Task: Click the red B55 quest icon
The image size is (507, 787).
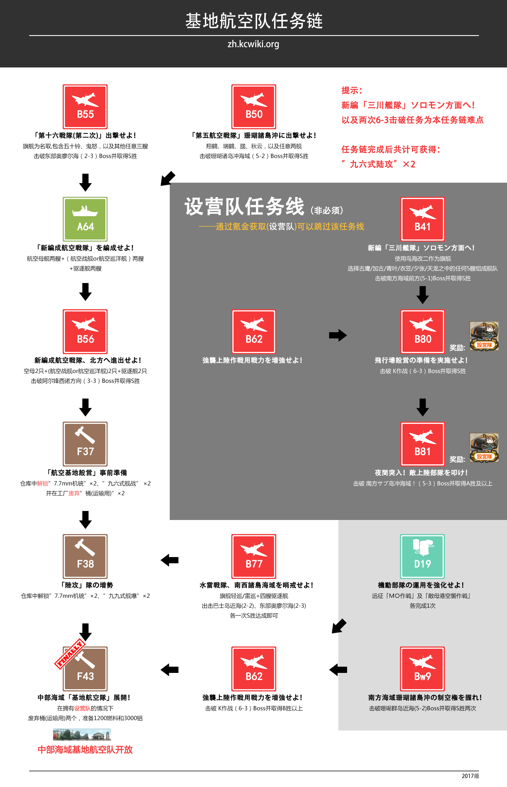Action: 85,107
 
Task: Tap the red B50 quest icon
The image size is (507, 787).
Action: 254,107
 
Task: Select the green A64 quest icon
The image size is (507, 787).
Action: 85,219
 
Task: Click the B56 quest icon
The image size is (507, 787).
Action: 85,331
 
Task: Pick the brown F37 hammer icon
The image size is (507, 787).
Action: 85,444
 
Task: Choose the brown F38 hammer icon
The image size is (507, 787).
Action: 85,556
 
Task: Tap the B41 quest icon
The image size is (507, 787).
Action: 422,219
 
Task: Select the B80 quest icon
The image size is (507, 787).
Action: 422,331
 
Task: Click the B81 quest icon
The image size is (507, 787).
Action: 422,444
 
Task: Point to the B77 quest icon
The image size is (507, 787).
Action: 254,556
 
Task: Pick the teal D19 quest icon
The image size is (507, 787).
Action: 422,556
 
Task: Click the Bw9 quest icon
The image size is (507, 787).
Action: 422,668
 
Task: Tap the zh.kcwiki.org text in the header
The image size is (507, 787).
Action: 253,44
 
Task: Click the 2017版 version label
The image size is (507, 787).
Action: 470,776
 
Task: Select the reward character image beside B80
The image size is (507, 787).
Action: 484,336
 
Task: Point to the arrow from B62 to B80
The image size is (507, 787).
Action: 338,335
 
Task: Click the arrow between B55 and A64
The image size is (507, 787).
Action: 85,182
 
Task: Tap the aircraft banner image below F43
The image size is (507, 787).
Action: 82,734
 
